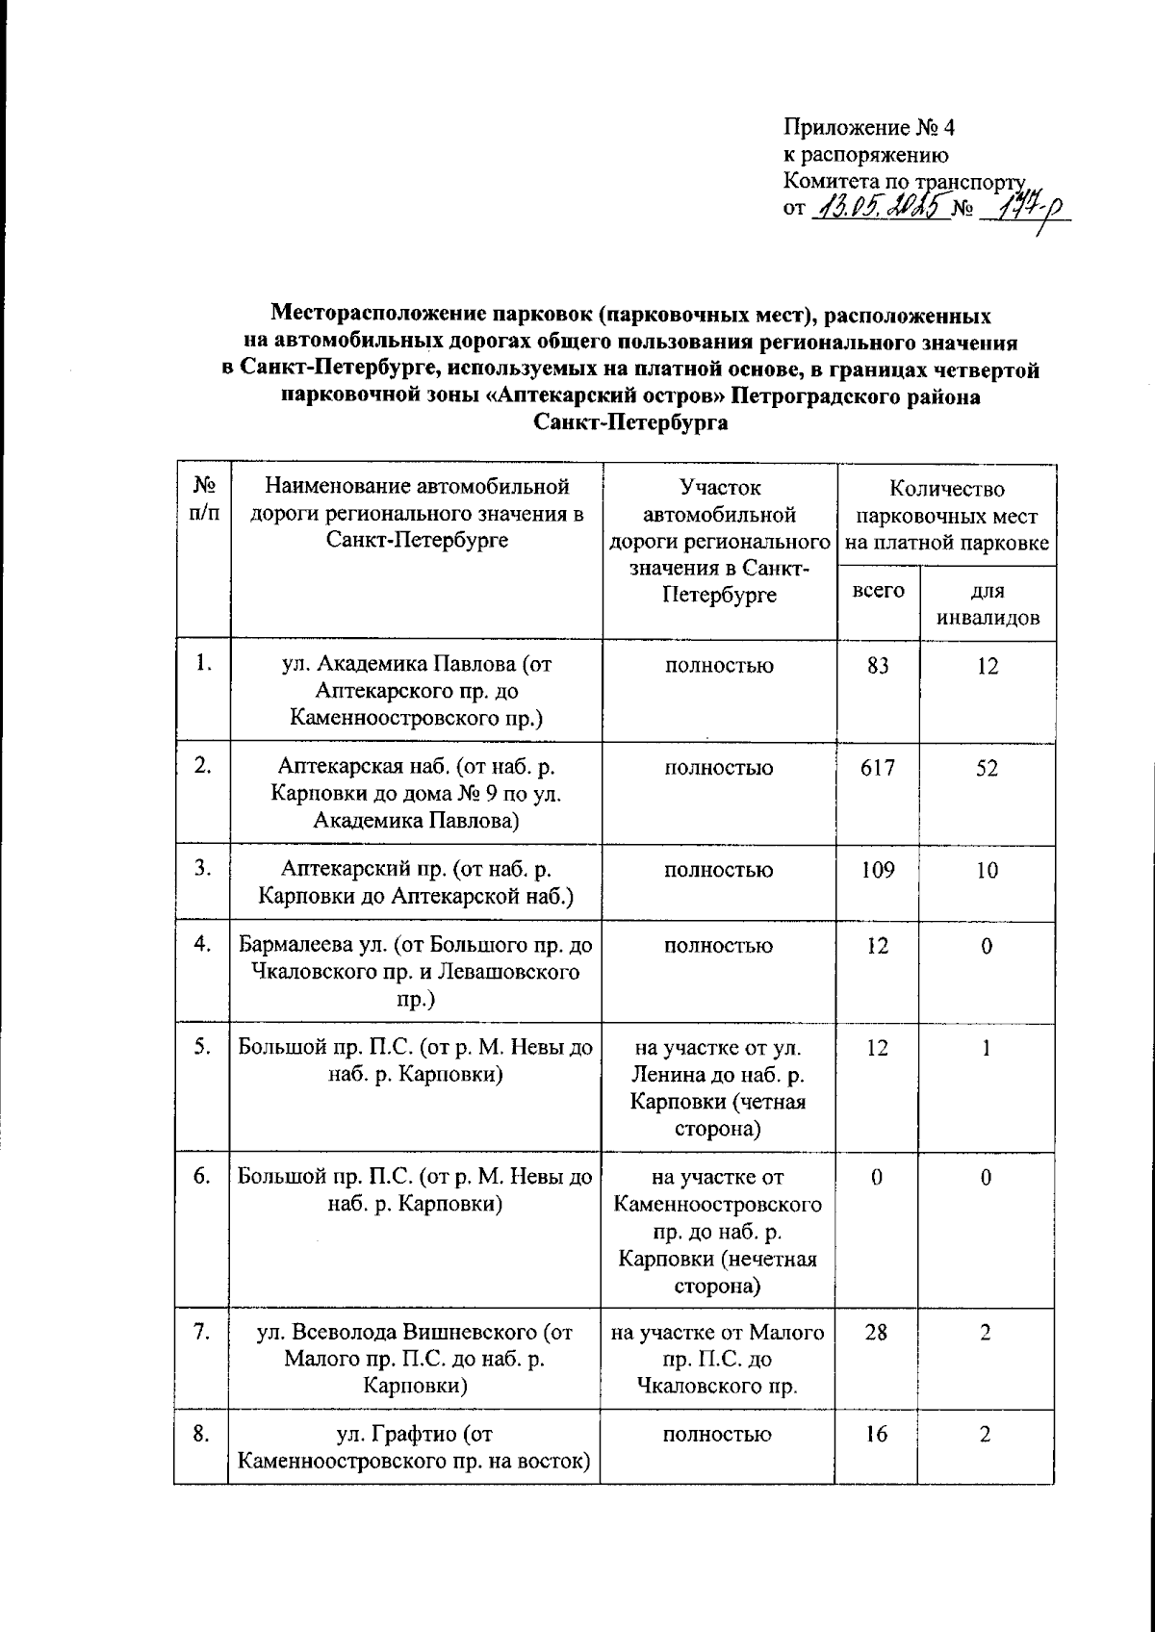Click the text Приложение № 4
[868, 127]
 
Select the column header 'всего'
[878, 590]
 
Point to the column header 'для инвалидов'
[988, 604]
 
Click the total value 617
[878, 768]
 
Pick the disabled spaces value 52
[987, 768]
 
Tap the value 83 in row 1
[878, 665]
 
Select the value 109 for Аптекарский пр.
[878, 870]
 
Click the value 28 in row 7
[878, 1333]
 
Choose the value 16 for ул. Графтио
[878, 1435]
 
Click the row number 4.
[202, 945]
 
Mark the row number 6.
[202, 1177]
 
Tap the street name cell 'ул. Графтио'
[414, 1448]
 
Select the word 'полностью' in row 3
[718, 870]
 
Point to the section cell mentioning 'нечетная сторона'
[718, 1231]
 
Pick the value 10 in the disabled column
[987, 870]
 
